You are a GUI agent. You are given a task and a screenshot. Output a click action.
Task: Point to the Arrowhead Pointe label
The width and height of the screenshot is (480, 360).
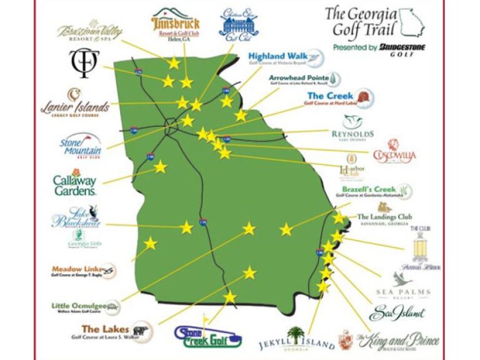(x=299, y=79)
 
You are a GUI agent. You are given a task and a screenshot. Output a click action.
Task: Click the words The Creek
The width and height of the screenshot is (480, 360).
(x=331, y=96)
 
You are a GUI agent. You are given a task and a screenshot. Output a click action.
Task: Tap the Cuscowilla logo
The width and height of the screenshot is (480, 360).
(x=394, y=152)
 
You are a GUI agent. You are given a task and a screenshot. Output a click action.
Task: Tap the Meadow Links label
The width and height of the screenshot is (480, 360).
(x=76, y=269)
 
